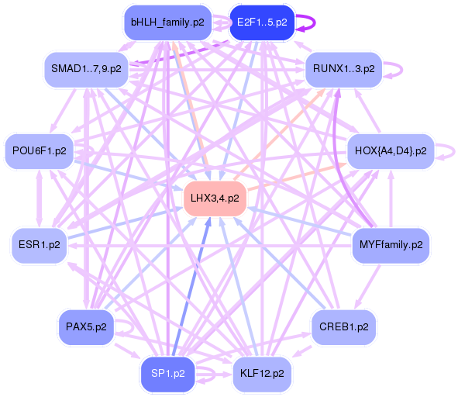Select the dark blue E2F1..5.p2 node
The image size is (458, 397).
click(261, 22)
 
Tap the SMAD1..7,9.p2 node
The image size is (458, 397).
click(86, 69)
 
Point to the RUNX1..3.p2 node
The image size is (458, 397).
click(343, 69)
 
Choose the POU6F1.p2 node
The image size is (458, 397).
click(39, 150)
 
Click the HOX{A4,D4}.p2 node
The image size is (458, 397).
click(391, 150)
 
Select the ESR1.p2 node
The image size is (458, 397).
click(39, 245)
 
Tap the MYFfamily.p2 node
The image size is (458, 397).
click(391, 245)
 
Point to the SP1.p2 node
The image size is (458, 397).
click(168, 374)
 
